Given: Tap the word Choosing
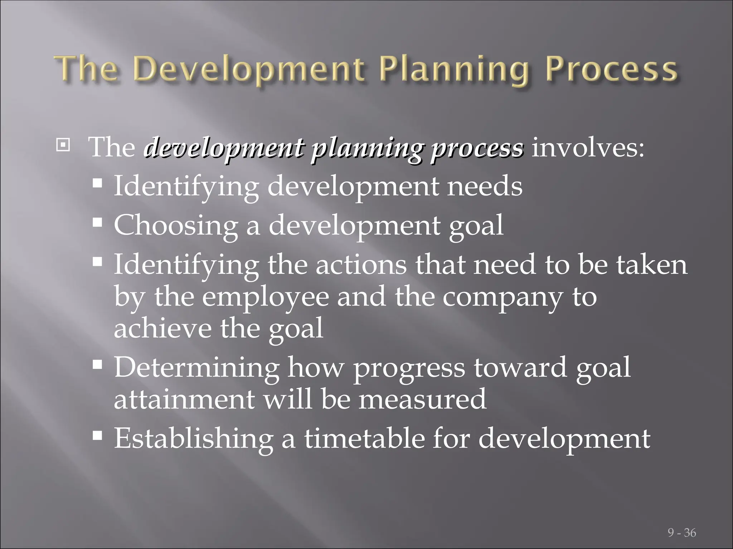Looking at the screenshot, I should pos(175,226).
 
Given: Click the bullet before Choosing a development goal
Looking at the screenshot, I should pos(97,223).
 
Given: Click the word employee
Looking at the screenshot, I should pos(265,297).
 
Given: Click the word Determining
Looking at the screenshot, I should pos(196,368).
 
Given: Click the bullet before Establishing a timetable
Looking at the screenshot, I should pos(97,436).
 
